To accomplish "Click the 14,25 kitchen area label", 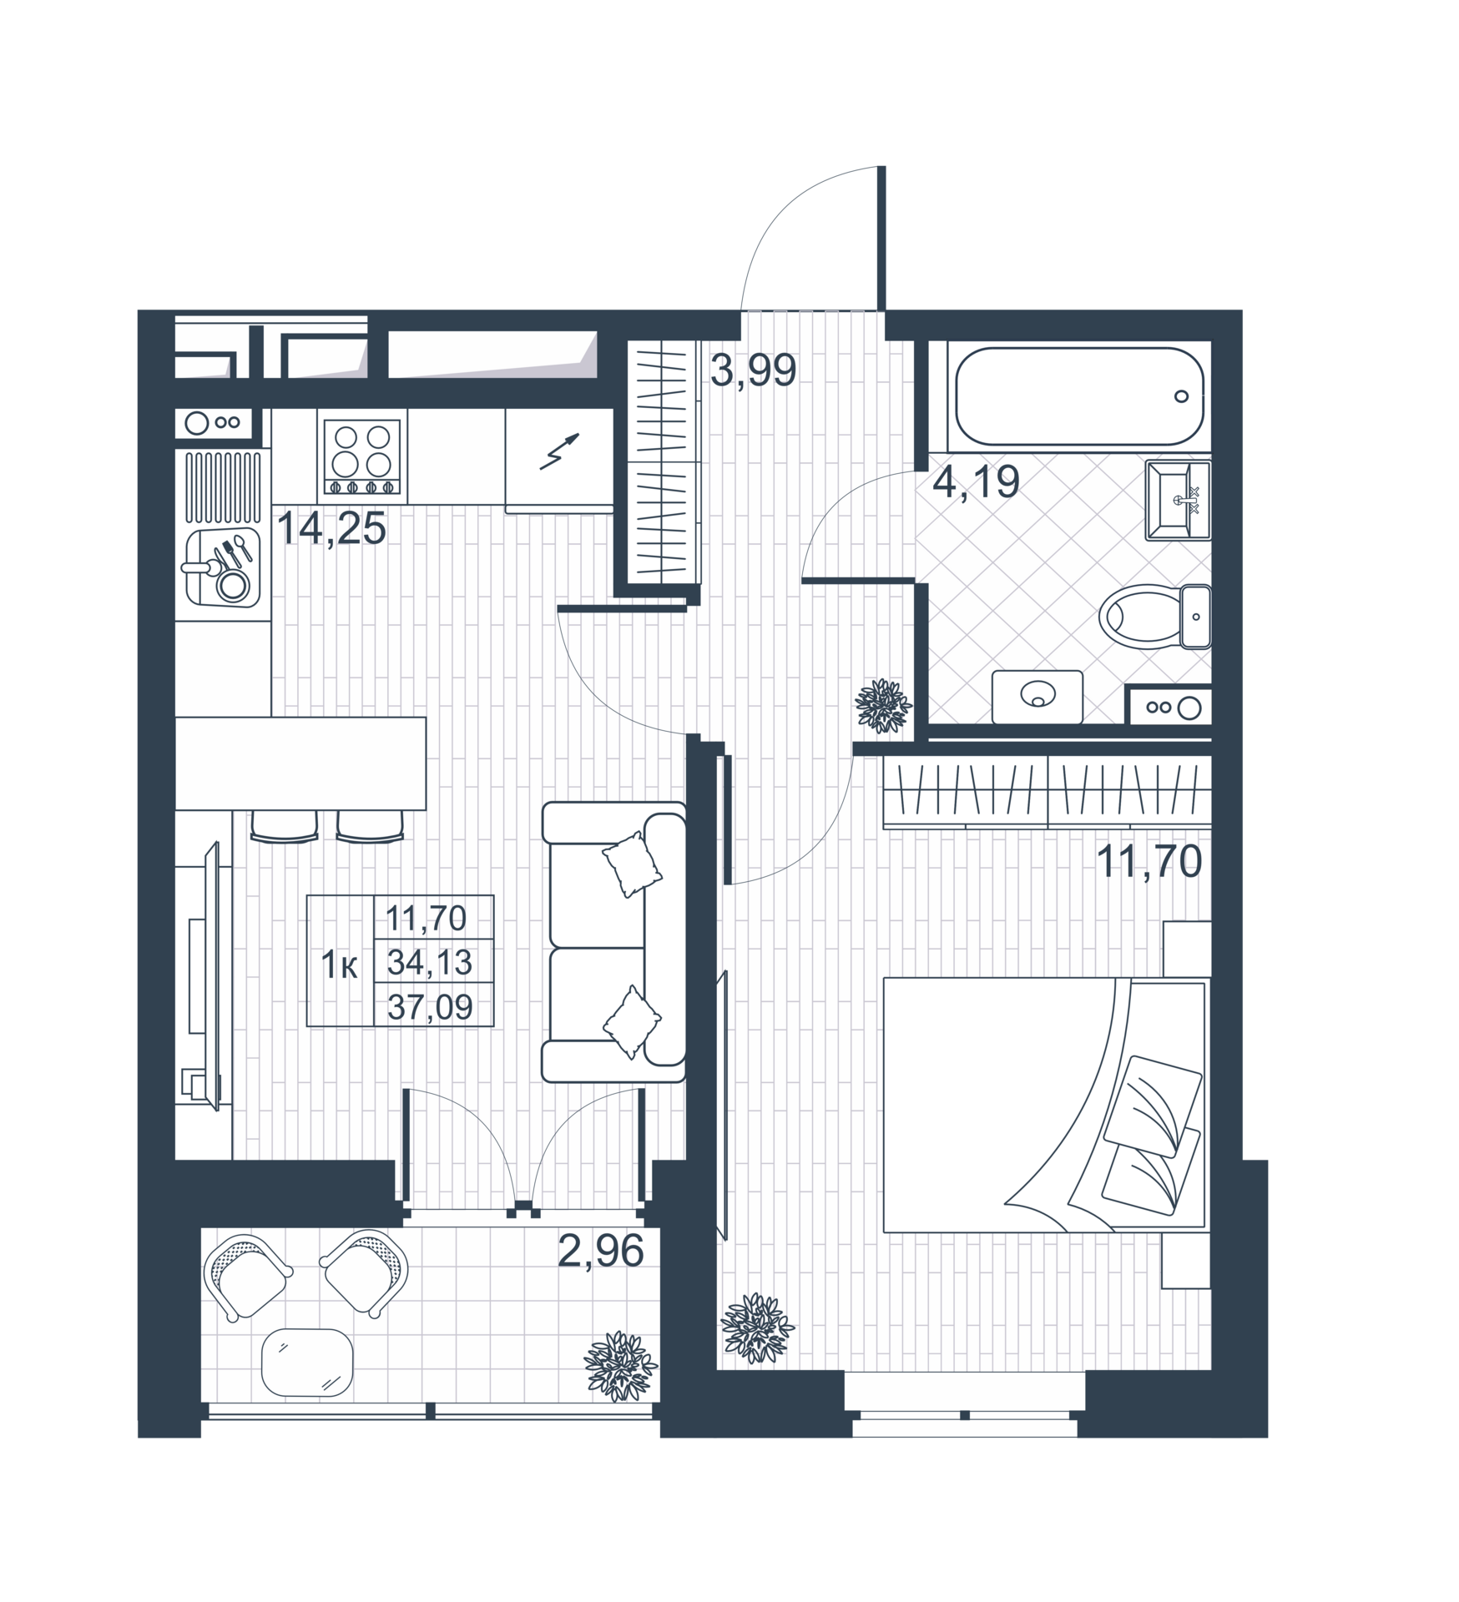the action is (x=331, y=528).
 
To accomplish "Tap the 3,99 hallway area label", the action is (x=753, y=370).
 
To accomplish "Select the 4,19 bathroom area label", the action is (x=976, y=481).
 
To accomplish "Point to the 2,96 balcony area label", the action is (x=601, y=1251).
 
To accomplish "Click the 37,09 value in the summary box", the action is (x=430, y=1007).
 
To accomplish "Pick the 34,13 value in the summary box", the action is (x=430, y=962).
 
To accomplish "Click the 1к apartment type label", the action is (x=340, y=965).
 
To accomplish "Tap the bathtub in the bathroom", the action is (x=1079, y=396).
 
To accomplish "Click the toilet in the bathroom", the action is (x=1154, y=617).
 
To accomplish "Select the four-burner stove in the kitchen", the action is (x=362, y=456).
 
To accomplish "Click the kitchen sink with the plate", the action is (x=222, y=567).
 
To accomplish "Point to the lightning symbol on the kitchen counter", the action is (x=559, y=451).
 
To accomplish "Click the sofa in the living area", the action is (x=613, y=942).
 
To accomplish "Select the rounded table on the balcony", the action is (x=307, y=1363).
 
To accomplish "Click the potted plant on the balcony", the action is (x=620, y=1367).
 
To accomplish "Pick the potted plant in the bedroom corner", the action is (x=757, y=1328).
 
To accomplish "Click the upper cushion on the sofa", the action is (x=633, y=864).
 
